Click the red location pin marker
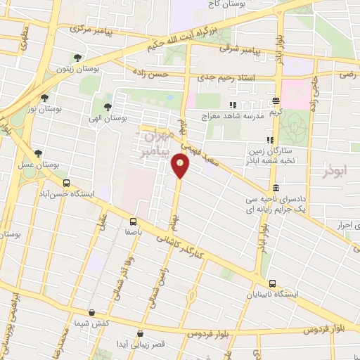tap(180, 166)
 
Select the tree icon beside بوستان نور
tap(45, 98)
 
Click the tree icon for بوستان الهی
tap(108, 108)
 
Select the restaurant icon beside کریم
tap(276, 101)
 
